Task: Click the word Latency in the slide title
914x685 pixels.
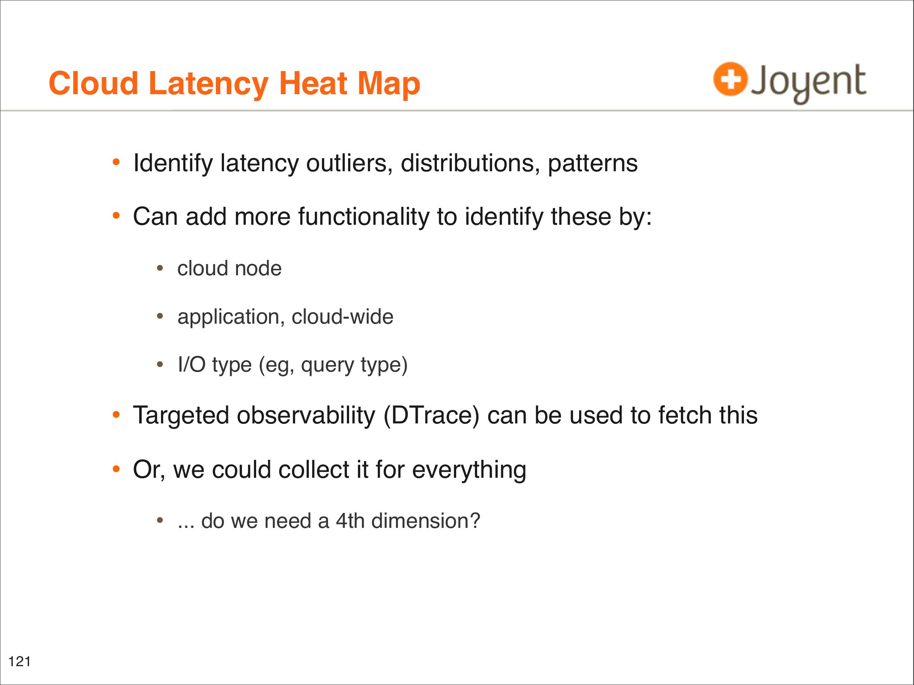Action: coord(209,84)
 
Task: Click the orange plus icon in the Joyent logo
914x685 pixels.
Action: coord(730,79)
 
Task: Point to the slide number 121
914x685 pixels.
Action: coord(20,661)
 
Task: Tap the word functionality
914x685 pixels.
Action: coord(364,217)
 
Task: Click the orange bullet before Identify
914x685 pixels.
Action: coord(116,162)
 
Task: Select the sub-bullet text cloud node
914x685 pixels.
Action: coord(230,269)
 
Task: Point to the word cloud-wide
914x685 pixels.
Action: coord(343,317)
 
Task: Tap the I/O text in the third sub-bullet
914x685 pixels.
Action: coord(191,365)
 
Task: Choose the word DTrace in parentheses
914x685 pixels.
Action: coord(431,416)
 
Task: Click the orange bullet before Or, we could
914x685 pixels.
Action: coord(116,469)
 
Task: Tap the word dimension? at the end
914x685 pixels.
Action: coord(426,521)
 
